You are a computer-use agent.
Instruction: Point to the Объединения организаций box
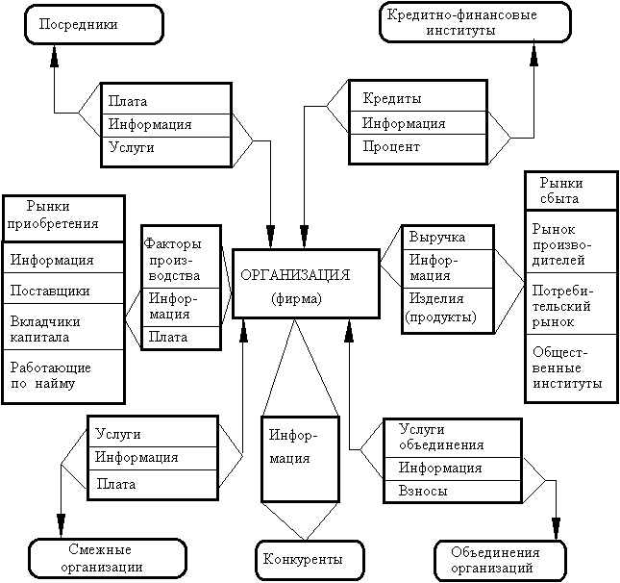(x=495, y=559)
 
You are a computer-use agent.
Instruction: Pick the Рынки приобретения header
(x=63, y=217)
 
